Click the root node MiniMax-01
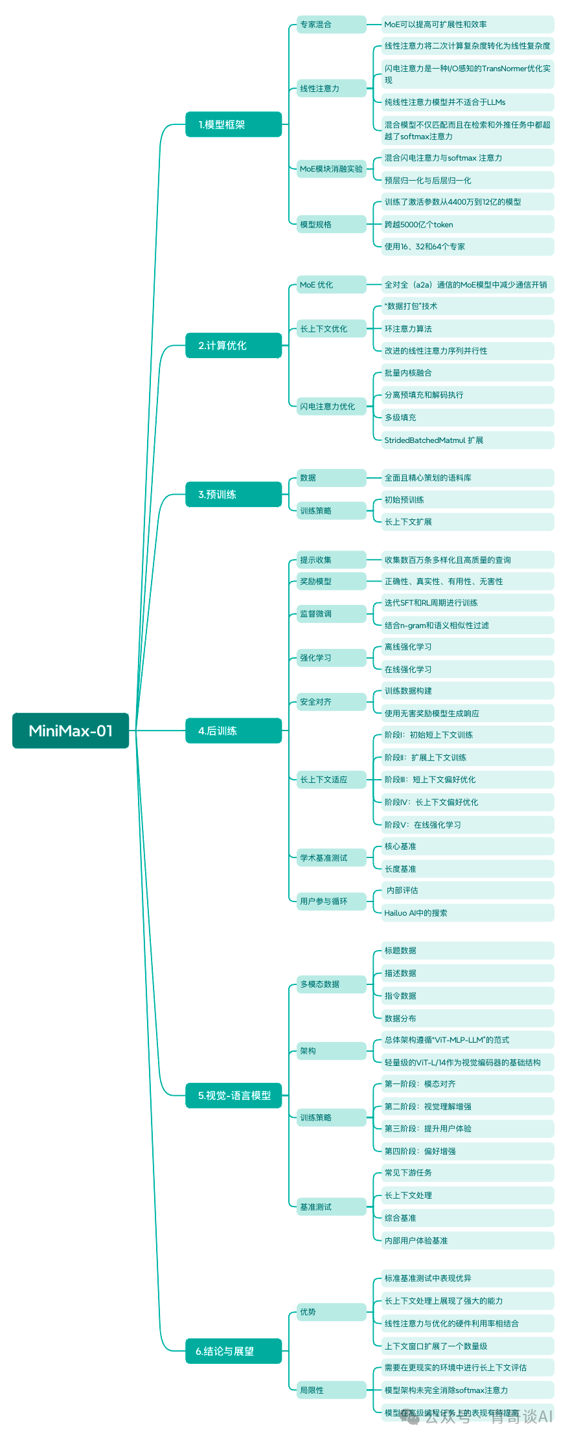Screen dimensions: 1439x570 pos(71,731)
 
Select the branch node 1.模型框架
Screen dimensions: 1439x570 pos(233,124)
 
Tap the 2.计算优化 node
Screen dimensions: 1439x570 pos(233,345)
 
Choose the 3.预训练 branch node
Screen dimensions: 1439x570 pos(233,494)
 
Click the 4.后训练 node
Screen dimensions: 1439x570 pos(233,731)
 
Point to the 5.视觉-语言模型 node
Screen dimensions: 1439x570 pos(234,1095)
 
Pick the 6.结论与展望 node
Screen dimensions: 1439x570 pos(233,1351)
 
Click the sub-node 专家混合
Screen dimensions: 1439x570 pos(331,25)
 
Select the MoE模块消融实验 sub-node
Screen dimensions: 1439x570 pos(331,169)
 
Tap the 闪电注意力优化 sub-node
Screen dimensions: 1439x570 pos(331,407)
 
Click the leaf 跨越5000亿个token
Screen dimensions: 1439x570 pos(466,225)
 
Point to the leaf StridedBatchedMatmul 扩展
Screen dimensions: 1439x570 pos(466,440)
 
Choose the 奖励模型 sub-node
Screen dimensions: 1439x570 pos(331,582)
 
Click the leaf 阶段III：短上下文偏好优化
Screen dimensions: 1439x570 pos(466,780)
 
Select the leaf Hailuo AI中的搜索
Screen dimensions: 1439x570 pos(466,913)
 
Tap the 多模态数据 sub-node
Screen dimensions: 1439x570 pos(331,984)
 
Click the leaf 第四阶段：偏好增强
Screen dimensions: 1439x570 pos(466,1151)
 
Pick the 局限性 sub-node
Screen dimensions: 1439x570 pos(331,1390)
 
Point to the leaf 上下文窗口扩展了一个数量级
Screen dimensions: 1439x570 pos(466,1346)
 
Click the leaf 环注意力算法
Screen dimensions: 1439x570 pos(466,329)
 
